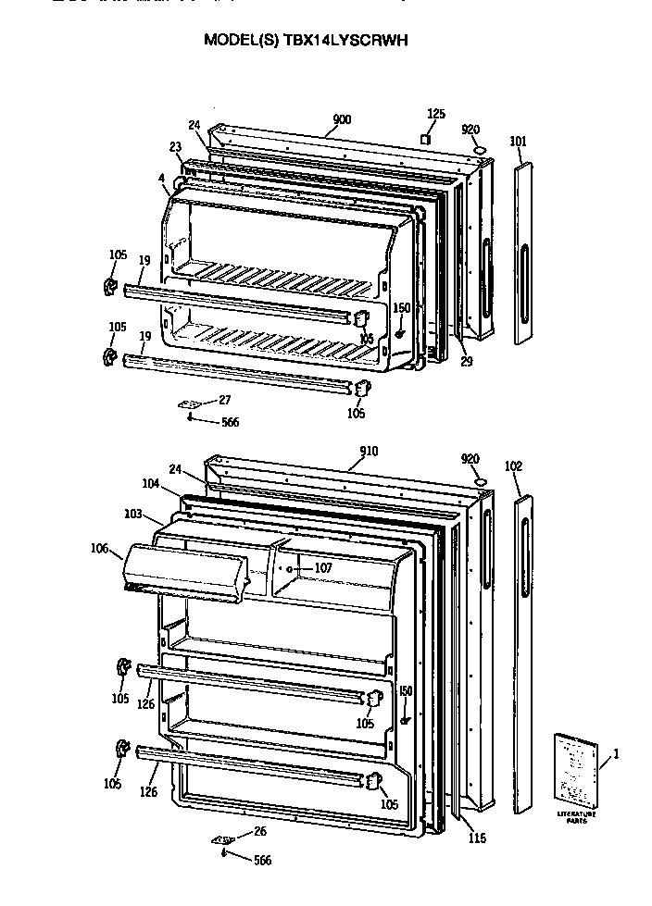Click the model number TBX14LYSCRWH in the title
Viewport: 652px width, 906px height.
pos(352,41)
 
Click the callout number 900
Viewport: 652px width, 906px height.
pos(341,118)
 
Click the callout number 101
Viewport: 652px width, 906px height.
pos(518,141)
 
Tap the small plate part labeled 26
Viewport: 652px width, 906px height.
pos(222,839)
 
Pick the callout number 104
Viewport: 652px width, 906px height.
pos(151,484)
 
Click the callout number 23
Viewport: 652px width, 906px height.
pos(175,145)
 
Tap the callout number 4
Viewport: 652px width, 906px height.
pos(161,178)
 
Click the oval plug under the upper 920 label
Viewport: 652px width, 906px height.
pos(479,149)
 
